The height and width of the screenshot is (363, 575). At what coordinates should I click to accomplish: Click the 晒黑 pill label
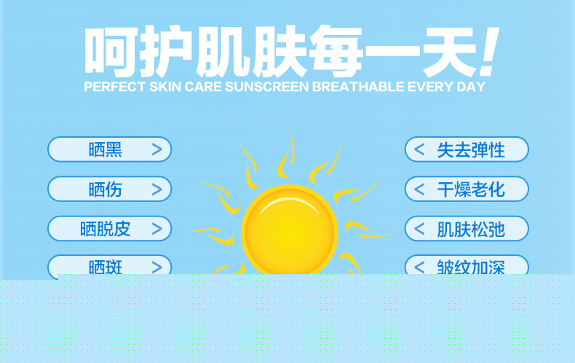106,150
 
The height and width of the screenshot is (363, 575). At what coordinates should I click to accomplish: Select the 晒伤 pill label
106,190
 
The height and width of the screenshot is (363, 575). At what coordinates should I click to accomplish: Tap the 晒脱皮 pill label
106,229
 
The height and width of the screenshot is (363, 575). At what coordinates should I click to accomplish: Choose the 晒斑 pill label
106,267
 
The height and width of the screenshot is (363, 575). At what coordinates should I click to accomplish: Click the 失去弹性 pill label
471,150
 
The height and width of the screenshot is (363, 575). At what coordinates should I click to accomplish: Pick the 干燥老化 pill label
471,190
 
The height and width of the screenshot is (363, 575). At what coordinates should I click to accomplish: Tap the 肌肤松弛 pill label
471,230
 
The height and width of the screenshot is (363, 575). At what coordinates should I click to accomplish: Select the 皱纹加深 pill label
471,267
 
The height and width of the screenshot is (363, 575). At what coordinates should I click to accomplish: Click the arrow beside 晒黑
157,149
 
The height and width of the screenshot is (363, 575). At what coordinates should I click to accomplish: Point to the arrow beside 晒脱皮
157,229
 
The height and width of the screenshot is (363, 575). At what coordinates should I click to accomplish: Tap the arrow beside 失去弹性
419,149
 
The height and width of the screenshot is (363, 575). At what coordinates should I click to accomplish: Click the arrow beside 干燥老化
419,190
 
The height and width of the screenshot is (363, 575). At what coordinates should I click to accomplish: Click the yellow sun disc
290,232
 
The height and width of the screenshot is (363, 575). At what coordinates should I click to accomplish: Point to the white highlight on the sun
290,203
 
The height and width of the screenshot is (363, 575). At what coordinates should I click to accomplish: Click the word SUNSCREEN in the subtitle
267,87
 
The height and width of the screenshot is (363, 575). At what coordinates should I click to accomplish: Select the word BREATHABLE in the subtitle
358,87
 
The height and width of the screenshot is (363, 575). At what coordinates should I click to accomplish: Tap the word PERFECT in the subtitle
115,87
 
